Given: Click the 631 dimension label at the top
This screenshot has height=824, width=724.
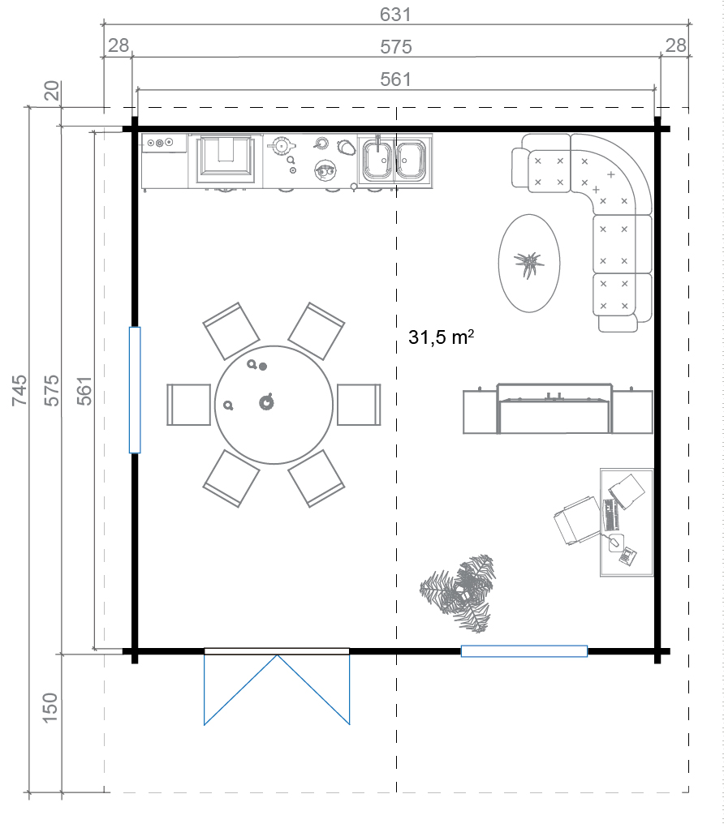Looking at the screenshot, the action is point(394,14).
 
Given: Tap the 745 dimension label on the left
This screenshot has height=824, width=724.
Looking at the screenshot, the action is point(19,390).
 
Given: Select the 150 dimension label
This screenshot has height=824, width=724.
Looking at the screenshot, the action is point(50,707).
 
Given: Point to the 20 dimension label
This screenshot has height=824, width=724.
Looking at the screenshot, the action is point(52,90).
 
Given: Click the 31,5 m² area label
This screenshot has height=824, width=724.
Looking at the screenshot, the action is point(441,337).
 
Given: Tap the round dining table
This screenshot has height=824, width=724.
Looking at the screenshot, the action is point(274,405).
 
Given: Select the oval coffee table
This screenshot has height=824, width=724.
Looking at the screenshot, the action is point(529,263).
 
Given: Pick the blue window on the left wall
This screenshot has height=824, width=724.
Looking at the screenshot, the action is point(135,390).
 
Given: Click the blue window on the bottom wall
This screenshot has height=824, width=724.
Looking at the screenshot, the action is point(524,651).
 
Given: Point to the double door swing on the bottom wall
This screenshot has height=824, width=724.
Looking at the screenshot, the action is point(277,689).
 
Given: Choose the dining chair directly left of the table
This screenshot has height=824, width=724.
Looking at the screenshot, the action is point(189,405).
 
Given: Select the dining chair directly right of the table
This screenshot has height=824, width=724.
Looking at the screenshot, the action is point(359,405).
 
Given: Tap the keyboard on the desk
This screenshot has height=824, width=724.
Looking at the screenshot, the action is point(611,515).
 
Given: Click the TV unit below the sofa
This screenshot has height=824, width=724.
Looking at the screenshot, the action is point(558,409).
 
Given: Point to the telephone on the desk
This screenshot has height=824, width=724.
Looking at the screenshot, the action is point(627,556).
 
